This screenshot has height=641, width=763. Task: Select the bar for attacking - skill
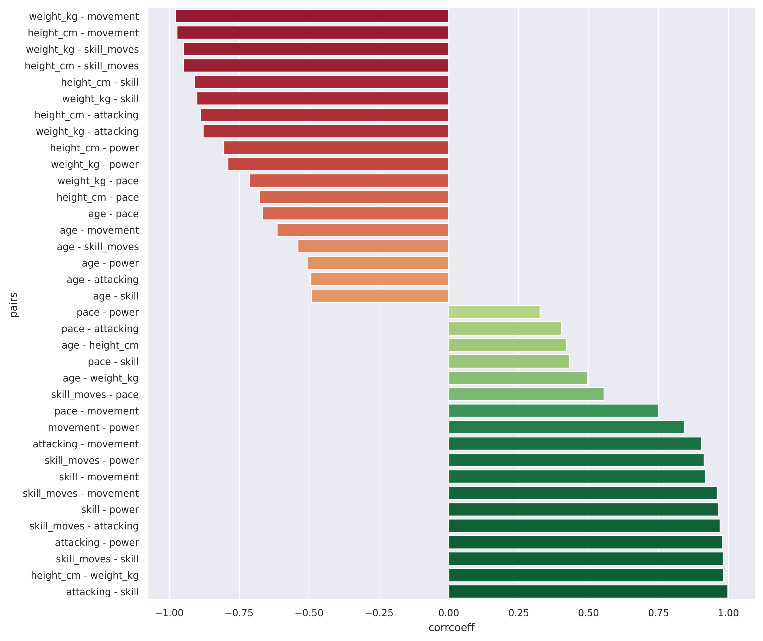click(x=588, y=592)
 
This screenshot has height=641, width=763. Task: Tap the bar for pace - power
click(x=494, y=312)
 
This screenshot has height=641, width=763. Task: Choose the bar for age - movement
click(x=363, y=230)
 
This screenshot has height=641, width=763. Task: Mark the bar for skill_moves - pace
click(x=526, y=394)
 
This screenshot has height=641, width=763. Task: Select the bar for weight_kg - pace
click(x=349, y=181)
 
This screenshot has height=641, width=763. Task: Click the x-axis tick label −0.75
click(x=239, y=613)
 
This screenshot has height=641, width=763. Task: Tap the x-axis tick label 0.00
click(x=449, y=613)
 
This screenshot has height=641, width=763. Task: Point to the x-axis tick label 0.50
click(x=589, y=613)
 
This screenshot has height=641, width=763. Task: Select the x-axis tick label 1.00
click(x=728, y=613)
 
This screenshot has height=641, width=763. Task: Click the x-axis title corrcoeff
click(x=451, y=628)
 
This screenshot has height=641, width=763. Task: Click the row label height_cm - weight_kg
click(x=85, y=575)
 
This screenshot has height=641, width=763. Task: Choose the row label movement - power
click(x=93, y=427)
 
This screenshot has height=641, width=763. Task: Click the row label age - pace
click(x=113, y=214)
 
